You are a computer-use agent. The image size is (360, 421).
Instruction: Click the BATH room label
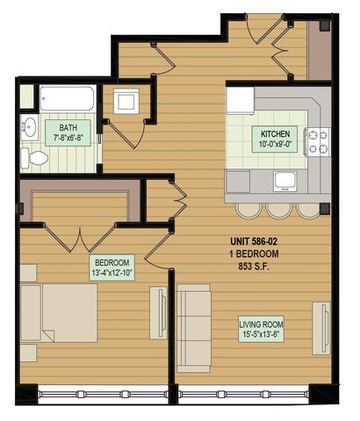[68, 132]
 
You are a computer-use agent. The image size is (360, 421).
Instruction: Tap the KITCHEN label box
[275, 139]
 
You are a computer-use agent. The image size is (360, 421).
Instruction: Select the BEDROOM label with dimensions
[112, 268]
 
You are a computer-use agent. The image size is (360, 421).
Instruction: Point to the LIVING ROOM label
[261, 329]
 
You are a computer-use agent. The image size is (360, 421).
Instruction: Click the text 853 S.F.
[254, 267]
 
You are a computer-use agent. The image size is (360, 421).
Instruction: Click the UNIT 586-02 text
[254, 241]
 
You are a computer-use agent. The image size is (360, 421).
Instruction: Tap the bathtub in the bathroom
[68, 98]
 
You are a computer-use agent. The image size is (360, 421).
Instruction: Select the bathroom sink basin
[30, 127]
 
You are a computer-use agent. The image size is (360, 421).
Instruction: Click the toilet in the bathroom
[34, 158]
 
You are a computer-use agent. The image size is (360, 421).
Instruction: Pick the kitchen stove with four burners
[318, 142]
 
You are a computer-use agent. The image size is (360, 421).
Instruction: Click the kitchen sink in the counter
[285, 182]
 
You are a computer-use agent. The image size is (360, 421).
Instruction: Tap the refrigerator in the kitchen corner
[241, 100]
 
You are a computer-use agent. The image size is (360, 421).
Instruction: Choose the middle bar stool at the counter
[279, 210]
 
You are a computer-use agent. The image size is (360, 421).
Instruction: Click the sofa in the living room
[194, 328]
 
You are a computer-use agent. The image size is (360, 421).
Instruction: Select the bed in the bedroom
[59, 313]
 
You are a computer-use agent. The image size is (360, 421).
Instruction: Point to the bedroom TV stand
[159, 313]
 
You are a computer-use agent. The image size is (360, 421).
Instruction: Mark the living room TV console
[321, 328]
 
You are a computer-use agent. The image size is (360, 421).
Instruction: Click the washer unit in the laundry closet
[126, 101]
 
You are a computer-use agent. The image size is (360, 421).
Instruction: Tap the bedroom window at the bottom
[103, 395]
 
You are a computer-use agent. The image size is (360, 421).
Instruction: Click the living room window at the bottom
[243, 395]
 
